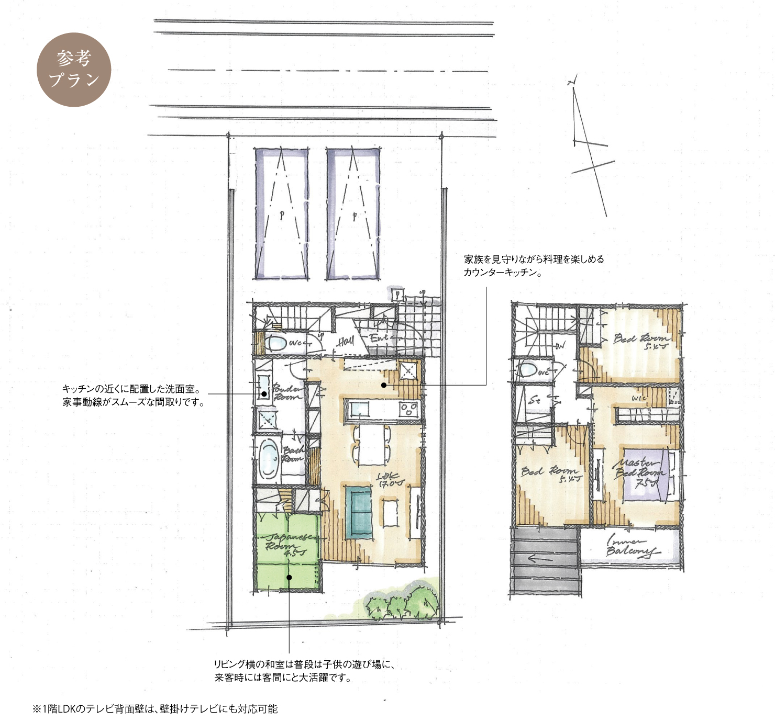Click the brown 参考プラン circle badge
[x=74, y=70]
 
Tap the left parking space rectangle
[x=281, y=213]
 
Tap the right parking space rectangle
[x=353, y=213]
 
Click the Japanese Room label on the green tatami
[x=286, y=544]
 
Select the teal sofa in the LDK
[x=360, y=512]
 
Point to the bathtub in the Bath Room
[x=269, y=459]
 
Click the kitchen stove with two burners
[x=408, y=409]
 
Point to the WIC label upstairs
[x=639, y=399]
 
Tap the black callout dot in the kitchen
[x=384, y=385]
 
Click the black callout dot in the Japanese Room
[x=289, y=577]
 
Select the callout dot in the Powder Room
[x=264, y=394]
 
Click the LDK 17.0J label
[x=390, y=480]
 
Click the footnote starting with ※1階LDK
[x=156, y=709]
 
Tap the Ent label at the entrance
[x=379, y=339]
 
